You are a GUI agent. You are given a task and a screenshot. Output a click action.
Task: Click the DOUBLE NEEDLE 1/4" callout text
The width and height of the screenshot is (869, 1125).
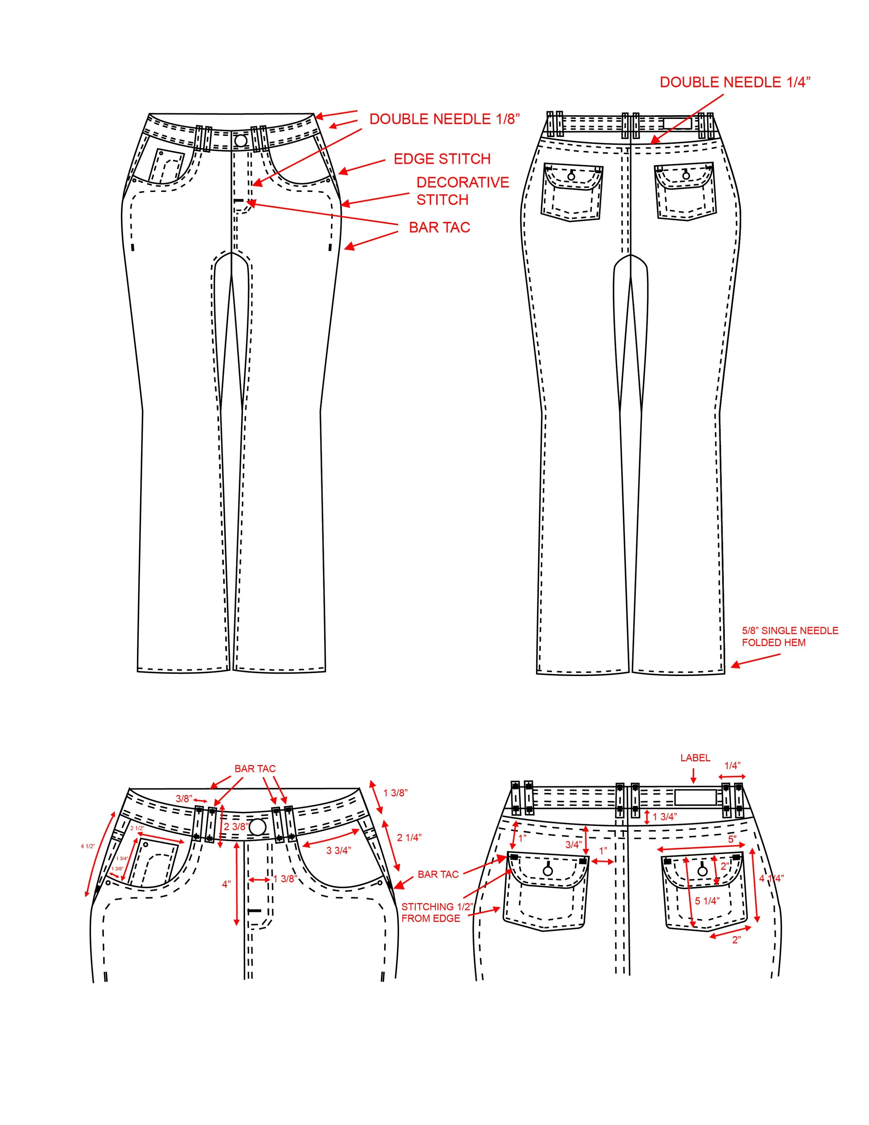(x=734, y=82)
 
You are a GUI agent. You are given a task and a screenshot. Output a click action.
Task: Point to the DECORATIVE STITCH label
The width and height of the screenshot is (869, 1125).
(x=462, y=191)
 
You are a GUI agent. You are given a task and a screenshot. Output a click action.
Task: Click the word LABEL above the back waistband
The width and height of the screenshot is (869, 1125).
(x=695, y=758)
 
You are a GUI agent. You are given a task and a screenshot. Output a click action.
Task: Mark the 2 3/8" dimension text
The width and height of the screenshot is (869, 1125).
(x=236, y=827)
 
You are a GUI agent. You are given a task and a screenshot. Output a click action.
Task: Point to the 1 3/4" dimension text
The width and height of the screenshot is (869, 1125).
(x=664, y=817)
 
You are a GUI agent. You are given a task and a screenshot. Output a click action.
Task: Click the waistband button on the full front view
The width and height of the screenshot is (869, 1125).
(x=241, y=140)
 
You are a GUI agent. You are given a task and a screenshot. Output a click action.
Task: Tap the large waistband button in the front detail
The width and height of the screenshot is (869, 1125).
(x=258, y=827)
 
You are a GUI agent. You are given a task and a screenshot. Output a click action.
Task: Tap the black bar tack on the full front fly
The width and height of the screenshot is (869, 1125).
(x=238, y=200)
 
